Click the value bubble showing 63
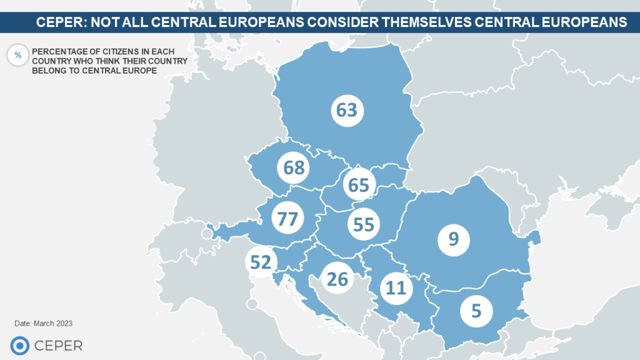pyautogui.click(x=346, y=111)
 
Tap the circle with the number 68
pyautogui.click(x=293, y=167)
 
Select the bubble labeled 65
pyautogui.click(x=359, y=185)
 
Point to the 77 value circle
pyautogui.click(x=288, y=219)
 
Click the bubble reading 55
pyautogui.click(x=364, y=224)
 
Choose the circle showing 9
pyautogui.click(x=454, y=239)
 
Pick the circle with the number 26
pyautogui.click(x=337, y=279)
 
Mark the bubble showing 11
pyautogui.click(x=396, y=288)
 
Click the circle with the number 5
pyautogui.click(x=476, y=311)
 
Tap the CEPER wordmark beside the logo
pyautogui.click(x=58, y=346)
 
